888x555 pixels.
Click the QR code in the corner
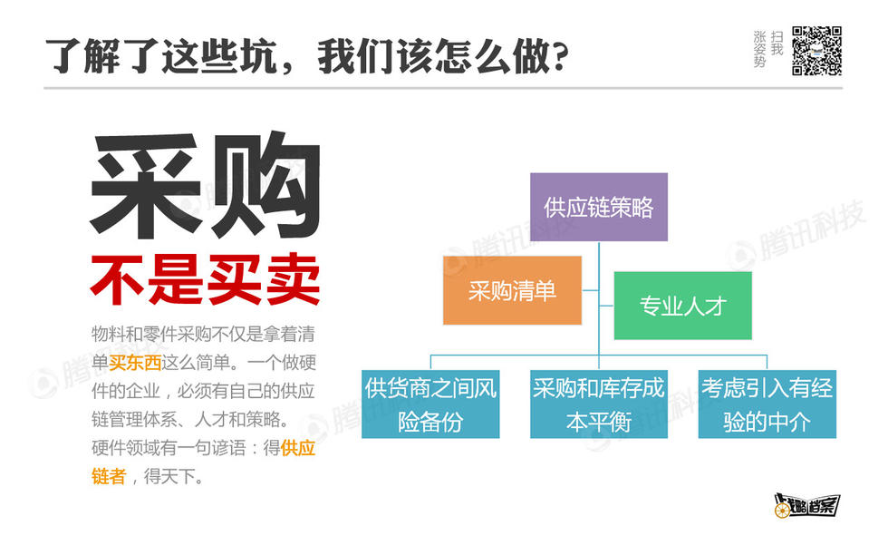coord(816,51)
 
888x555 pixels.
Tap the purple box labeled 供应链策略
coord(599,207)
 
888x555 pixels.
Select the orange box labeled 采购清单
coord(512,290)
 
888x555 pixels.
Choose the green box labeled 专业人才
coord(683,306)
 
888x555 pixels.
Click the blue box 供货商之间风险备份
coord(430,404)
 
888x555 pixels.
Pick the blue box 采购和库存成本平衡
coord(599,404)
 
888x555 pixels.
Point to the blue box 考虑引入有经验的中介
coord(767,404)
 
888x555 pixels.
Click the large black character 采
coord(146,185)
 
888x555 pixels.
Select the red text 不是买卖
coord(206,279)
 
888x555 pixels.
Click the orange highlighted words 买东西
coord(135,362)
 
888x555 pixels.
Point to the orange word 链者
coord(109,476)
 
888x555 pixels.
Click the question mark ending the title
coord(560,57)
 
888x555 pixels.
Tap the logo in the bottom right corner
coord(807,505)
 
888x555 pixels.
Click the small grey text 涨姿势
coord(759,49)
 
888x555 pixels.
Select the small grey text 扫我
coord(777,44)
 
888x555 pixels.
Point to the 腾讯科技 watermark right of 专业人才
coord(797,234)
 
